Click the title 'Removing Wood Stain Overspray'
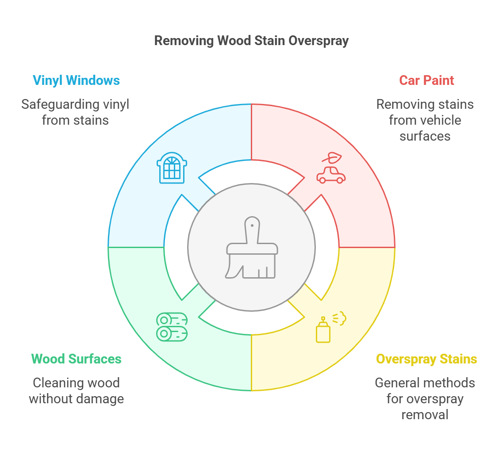(251, 41)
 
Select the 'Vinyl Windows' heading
(76, 80)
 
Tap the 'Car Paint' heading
(426, 80)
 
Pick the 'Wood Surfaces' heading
(76, 359)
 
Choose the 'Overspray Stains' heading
(426, 359)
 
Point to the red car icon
(331, 175)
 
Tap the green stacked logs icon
(172, 327)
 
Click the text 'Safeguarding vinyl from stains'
(75, 112)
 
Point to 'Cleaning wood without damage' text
(76, 391)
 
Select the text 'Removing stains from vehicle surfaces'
(425, 120)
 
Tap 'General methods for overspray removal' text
(425, 399)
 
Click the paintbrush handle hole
(252, 226)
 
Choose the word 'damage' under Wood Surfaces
(100, 399)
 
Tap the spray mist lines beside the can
(340, 318)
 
